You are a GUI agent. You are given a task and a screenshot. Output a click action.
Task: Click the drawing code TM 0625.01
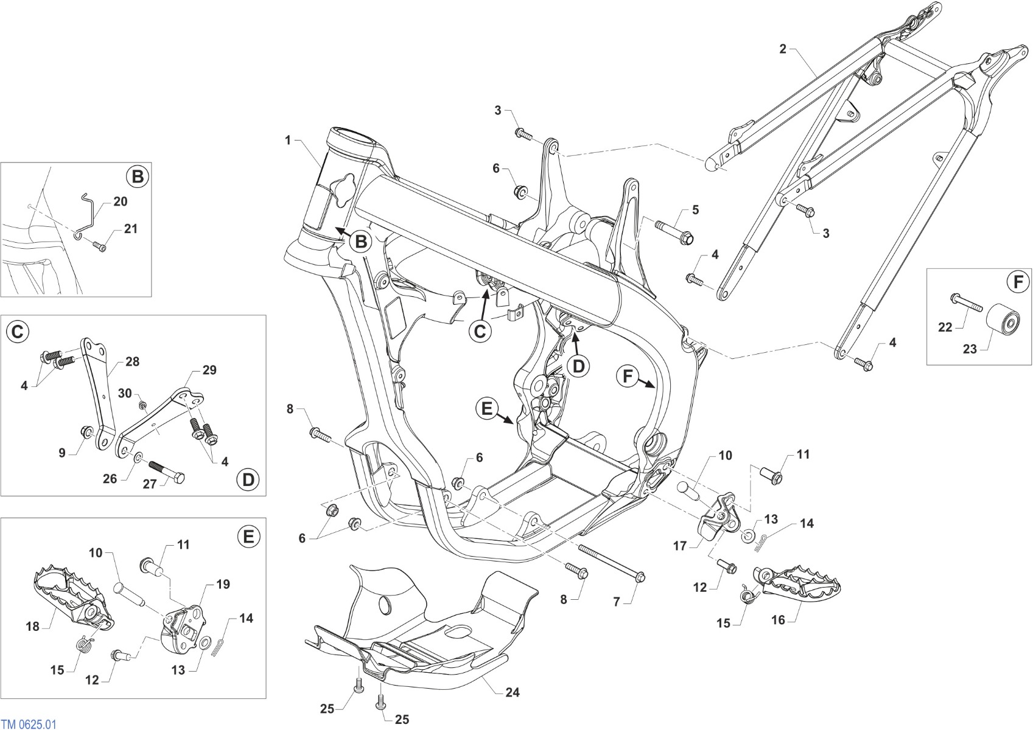pyautogui.click(x=29, y=724)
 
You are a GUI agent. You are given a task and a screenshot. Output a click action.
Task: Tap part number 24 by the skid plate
pyautogui.click(x=513, y=692)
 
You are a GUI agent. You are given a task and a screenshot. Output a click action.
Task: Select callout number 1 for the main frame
pyautogui.click(x=288, y=140)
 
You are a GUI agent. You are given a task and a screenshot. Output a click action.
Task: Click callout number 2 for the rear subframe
pyautogui.click(x=783, y=49)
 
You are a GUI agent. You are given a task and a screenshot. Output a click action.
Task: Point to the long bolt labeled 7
pyautogui.click(x=612, y=562)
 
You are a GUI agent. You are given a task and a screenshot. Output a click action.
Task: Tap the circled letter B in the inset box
pyautogui.click(x=138, y=176)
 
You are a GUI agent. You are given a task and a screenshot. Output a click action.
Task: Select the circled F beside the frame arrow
pyautogui.click(x=627, y=377)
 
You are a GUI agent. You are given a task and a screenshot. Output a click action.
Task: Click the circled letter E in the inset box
pyautogui.click(x=248, y=536)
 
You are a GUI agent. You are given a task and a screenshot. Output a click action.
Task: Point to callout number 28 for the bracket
pyautogui.click(x=132, y=361)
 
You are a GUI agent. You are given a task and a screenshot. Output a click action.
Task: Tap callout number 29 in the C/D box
pyautogui.click(x=209, y=370)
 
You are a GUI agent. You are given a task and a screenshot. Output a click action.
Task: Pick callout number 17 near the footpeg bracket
pyautogui.click(x=680, y=546)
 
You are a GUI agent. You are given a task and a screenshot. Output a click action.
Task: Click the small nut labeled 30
pyautogui.click(x=144, y=405)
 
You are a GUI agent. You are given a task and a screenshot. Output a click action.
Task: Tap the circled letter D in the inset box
pyautogui.click(x=248, y=480)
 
